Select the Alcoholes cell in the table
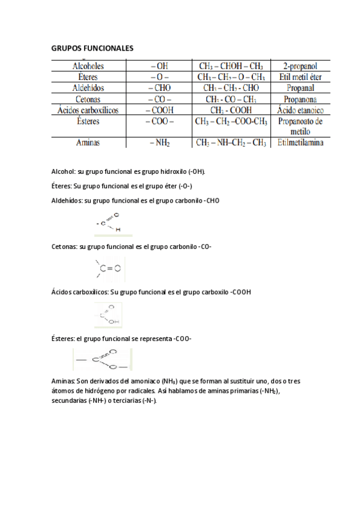coord(88,66)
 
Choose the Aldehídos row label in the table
coord(88,88)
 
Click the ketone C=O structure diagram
coord(109,269)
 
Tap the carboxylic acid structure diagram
coord(109,314)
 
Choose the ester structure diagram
coord(101,360)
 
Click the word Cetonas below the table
coord(64,247)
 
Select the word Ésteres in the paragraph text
coord(64,338)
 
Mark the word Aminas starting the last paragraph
coord(64,381)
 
